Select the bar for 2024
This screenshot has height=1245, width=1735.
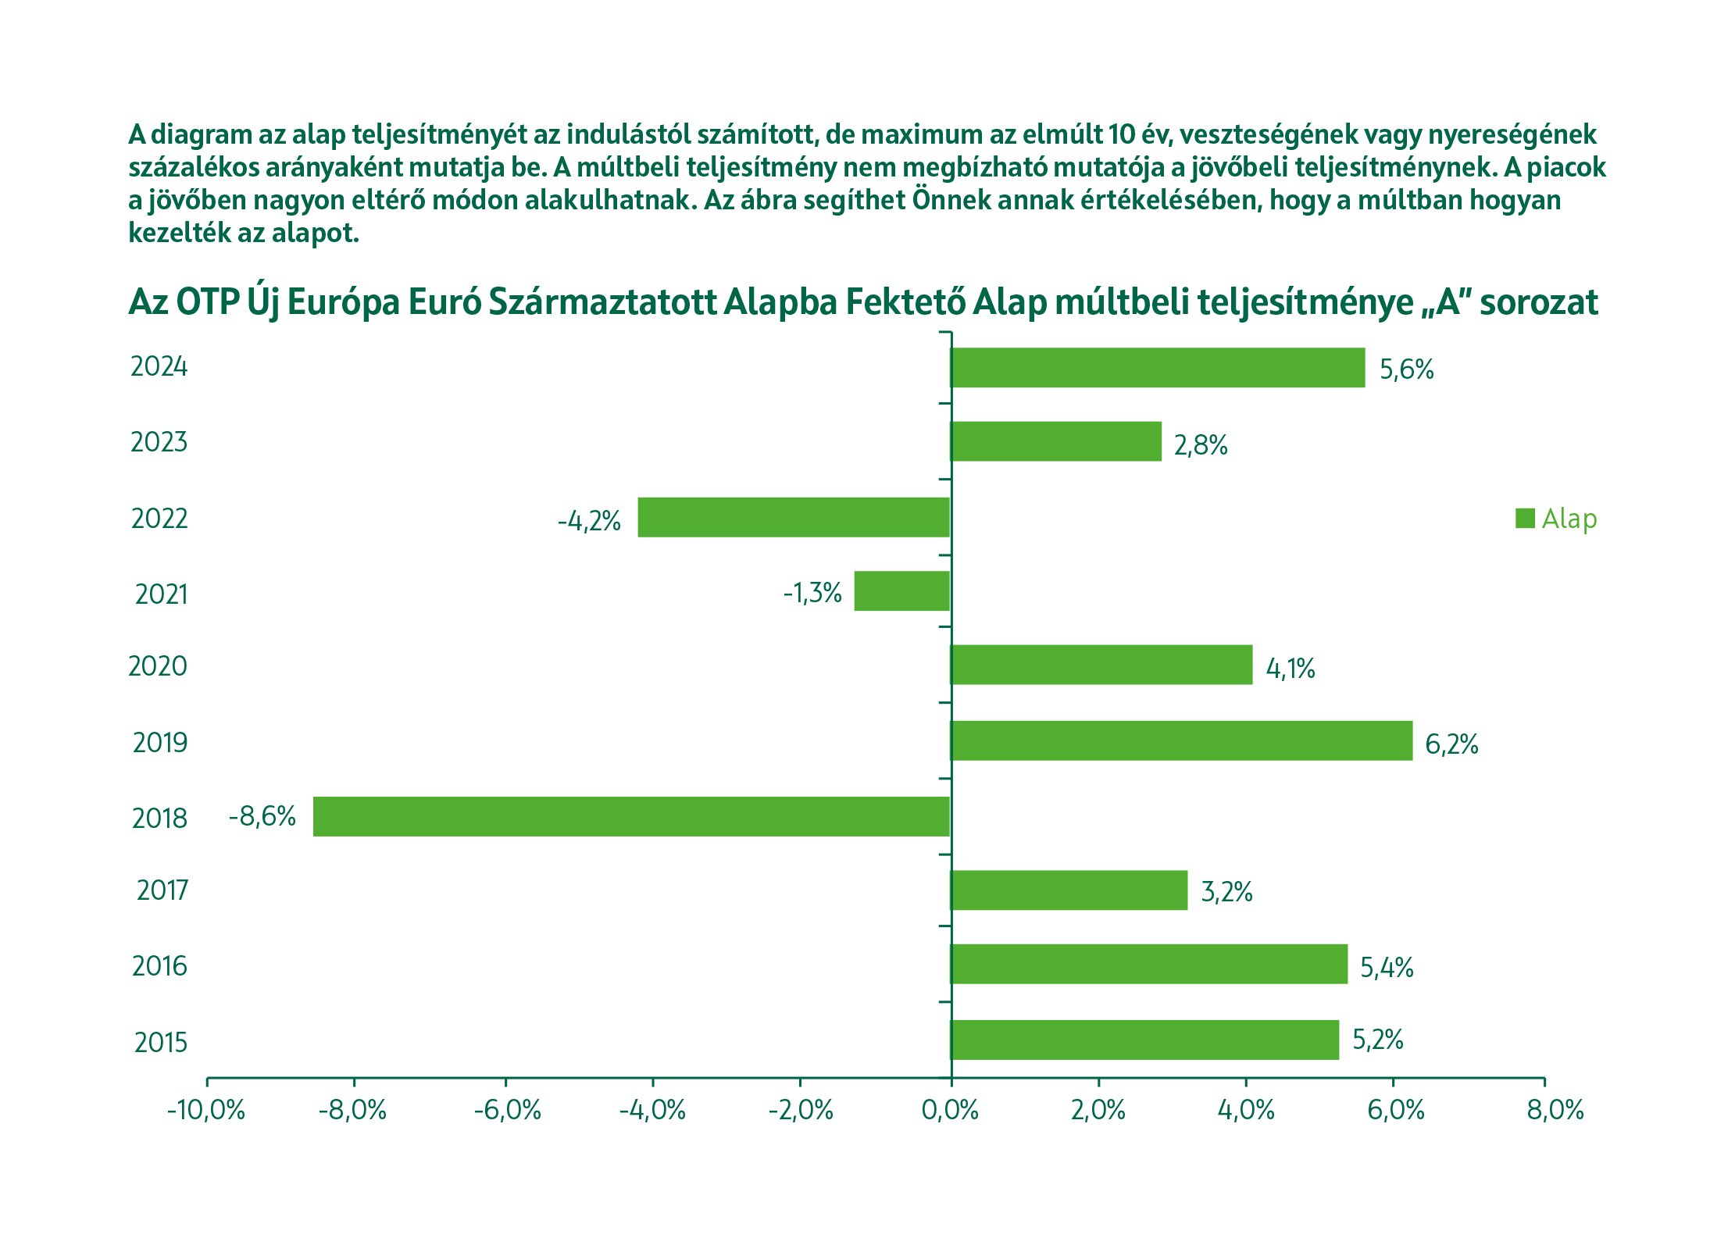click(x=1157, y=367)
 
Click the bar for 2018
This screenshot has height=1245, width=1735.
click(x=631, y=816)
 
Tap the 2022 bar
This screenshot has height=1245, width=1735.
click(x=794, y=517)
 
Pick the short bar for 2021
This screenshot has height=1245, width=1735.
click(x=901, y=590)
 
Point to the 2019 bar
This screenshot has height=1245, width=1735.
click(x=1181, y=740)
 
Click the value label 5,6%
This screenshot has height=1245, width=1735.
click(x=1406, y=369)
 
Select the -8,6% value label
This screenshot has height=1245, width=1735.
click(x=262, y=816)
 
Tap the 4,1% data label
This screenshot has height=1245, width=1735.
click(x=1291, y=669)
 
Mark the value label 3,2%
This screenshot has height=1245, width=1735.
click(x=1226, y=891)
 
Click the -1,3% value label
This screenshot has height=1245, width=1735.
click(x=812, y=593)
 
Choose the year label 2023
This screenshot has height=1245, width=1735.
click(x=159, y=442)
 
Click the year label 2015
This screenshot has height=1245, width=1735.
click(x=161, y=1043)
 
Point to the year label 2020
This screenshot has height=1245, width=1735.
click(x=158, y=666)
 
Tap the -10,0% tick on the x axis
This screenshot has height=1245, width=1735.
click(x=206, y=1110)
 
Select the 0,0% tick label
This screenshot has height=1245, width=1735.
click(x=950, y=1110)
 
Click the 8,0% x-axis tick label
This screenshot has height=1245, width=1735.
click(x=1555, y=1110)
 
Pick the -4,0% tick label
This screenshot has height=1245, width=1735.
click(x=652, y=1110)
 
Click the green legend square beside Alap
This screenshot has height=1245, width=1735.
click(x=1525, y=518)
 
